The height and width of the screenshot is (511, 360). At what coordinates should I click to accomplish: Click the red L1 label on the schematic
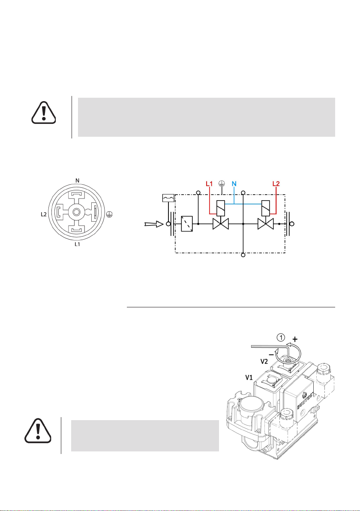(x=209, y=184)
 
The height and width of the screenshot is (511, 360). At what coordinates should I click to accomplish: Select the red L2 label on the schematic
(x=276, y=184)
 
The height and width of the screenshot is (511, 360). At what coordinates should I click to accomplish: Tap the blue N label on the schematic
(x=234, y=184)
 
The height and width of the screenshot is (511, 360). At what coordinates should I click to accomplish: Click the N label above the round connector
(x=77, y=180)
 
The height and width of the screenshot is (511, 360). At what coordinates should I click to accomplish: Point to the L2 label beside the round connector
(x=44, y=214)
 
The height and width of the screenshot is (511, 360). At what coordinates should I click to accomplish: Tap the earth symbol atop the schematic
(x=222, y=183)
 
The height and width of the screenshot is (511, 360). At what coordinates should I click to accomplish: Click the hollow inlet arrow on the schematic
(x=154, y=224)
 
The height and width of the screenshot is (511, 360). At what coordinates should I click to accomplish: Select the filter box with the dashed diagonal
(x=187, y=224)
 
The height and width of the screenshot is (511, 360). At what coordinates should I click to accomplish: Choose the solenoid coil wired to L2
(x=266, y=208)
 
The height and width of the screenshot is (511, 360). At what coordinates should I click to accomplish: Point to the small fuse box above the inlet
(x=168, y=198)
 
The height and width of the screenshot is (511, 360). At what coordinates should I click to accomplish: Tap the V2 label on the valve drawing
(x=264, y=361)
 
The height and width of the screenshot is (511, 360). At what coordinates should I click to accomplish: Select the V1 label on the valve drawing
(x=249, y=377)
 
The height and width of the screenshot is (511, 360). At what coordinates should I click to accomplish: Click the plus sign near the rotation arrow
(x=295, y=339)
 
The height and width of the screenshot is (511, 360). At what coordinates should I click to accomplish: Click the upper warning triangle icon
(x=44, y=112)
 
